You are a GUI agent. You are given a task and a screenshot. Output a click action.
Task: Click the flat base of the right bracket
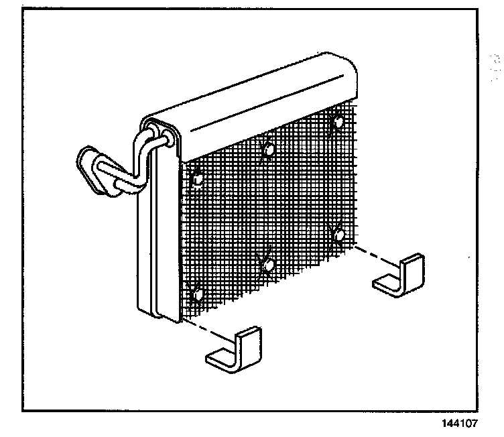pos(389,286)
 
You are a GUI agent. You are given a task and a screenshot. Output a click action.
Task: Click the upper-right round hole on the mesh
pos(337,123)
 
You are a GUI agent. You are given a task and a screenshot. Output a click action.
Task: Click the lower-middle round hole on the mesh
pos(268,266)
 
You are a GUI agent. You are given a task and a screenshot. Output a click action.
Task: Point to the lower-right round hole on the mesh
pos(338,235)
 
